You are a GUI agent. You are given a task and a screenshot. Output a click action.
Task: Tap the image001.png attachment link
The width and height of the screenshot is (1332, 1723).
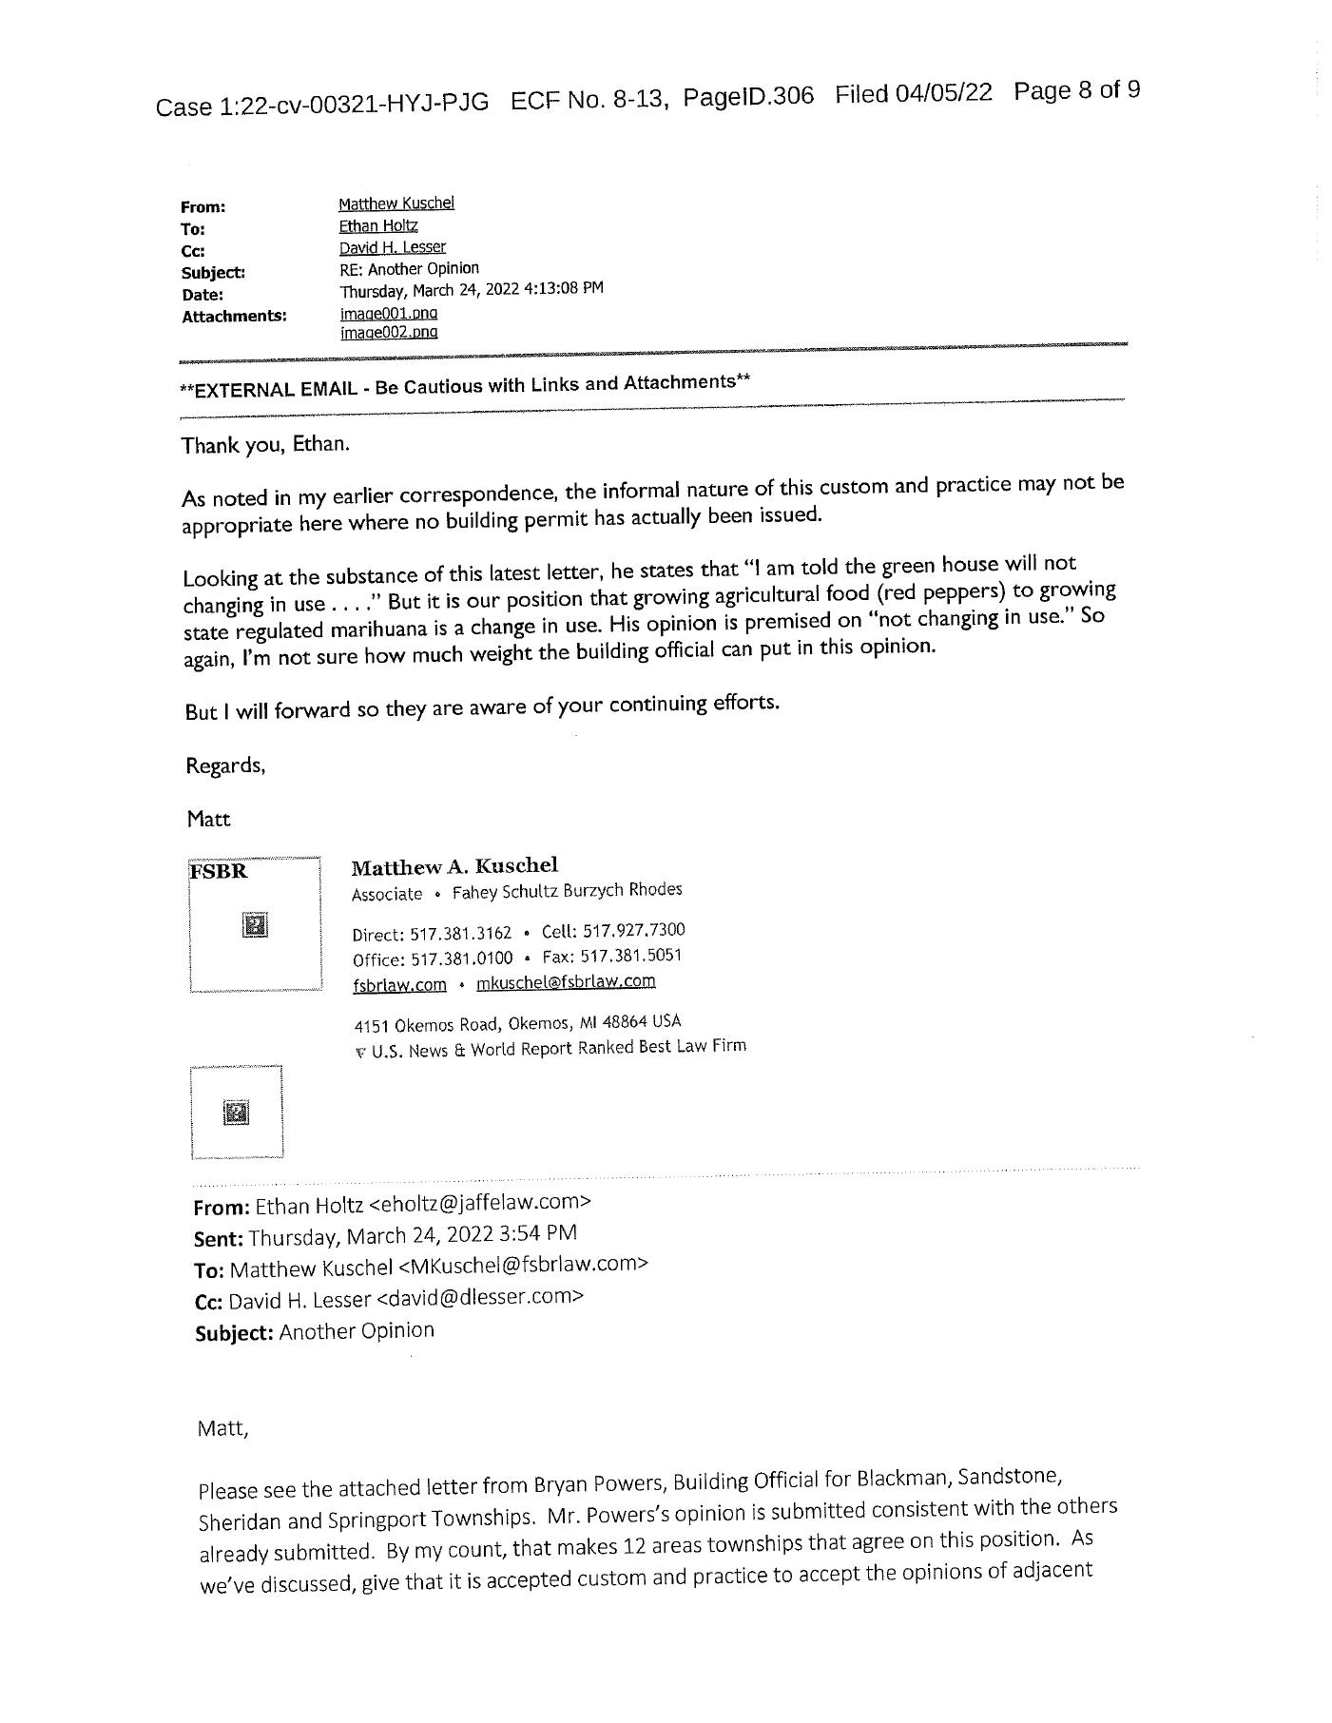(x=389, y=312)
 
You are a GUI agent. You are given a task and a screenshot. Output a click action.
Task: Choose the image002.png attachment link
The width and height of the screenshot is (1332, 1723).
(x=389, y=332)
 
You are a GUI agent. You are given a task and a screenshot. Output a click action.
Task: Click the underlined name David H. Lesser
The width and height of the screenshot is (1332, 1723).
(x=392, y=247)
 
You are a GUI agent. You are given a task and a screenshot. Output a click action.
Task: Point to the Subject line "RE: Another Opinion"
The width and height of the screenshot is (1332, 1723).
(x=409, y=269)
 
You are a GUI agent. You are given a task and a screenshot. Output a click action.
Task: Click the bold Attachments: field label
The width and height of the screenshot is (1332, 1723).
(x=234, y=316)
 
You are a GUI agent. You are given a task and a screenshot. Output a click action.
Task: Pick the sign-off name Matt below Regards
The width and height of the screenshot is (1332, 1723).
(x=208, y=820)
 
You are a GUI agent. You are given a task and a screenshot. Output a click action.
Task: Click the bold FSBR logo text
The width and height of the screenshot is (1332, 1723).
(x=219, y=872)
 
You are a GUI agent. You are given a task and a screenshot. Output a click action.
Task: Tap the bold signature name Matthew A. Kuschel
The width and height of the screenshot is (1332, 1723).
(x=454, y=866)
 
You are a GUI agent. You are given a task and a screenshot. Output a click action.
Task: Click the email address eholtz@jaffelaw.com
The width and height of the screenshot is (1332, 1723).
(x=479, y=1203)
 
